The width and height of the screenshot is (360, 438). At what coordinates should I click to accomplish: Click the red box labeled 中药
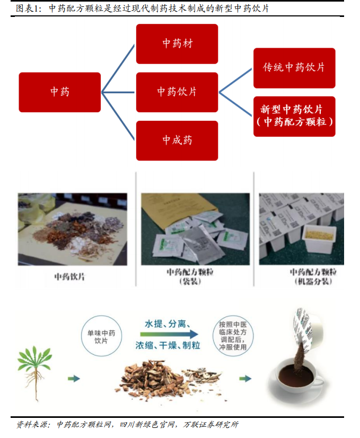click(59, 92)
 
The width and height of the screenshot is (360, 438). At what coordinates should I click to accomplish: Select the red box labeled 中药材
click(177, 44)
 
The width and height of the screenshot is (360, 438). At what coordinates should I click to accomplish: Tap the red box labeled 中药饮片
click(177, 92)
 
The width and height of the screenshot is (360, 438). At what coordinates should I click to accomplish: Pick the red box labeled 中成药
click(177, 140)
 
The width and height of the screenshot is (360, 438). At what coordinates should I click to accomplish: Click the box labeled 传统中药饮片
click(294, 68)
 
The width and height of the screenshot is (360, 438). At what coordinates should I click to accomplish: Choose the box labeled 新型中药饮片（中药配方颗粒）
click(294, 116)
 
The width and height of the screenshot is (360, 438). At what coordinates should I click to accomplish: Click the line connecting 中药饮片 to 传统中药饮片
click(235, 80)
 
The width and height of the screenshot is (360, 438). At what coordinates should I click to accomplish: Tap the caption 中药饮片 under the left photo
click(69, 275)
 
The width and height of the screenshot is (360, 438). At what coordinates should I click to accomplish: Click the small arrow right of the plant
click(74, 378)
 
